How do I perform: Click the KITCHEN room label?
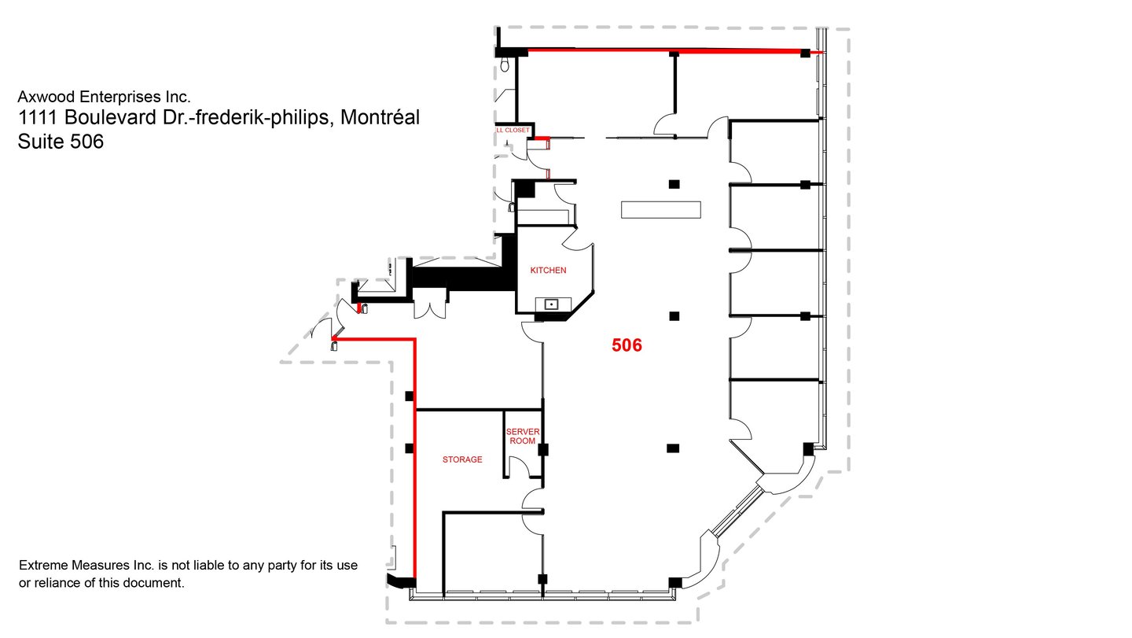[548, 271]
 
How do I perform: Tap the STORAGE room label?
[462, 459]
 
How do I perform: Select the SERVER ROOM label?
[523, 437]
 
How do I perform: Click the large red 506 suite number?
[627, 345]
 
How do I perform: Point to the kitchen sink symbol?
[553, 304]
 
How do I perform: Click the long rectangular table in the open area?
[660, 210]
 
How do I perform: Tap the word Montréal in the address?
[380, 117]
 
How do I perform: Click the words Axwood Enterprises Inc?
[104, 97]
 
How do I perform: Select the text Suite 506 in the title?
[61, 142]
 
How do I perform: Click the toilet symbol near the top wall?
[505, 65]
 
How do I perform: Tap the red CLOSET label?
[516, 131]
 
